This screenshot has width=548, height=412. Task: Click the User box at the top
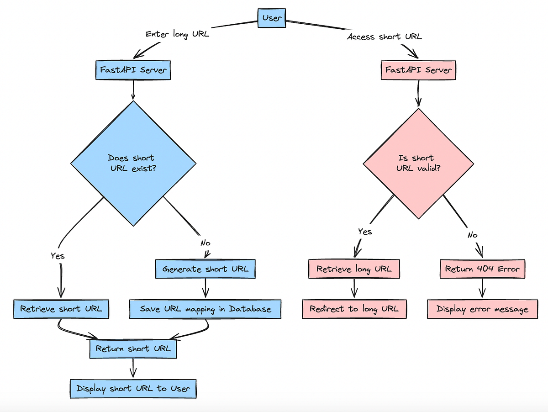point(273,18)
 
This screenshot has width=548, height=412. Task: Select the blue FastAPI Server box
point(133,71)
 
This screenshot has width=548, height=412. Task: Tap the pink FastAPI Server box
point(418,70)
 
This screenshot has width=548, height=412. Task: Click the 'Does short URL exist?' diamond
point(133,163)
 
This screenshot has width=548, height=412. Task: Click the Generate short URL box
point(205,269)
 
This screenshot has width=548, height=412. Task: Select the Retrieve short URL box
point(61,309)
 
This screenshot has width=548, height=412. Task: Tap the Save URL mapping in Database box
point(205,309)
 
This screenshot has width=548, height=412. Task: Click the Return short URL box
point(133,349)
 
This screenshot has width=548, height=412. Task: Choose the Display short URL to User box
point(133,389)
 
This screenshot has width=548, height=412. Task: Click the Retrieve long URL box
point(354,269)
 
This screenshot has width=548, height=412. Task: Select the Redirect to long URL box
point(354,309)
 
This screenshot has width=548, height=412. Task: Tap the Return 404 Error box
point(482,269)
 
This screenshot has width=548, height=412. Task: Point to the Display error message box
point(482,309)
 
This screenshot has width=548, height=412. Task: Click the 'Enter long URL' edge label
point(177,34)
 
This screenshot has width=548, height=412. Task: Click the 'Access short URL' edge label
point(385,37)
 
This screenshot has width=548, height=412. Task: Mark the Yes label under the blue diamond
point(58,256)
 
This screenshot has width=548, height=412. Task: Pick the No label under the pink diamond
point(472,235)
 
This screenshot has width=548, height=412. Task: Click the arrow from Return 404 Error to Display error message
point(482,289)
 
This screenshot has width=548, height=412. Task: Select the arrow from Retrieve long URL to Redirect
point(354,289)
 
